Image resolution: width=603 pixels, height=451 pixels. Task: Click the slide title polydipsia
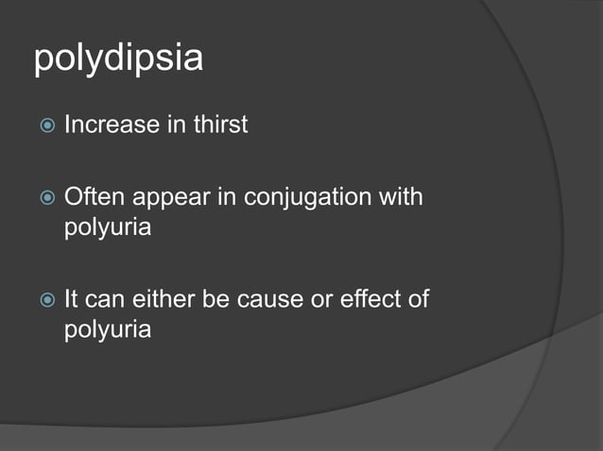(118, 59)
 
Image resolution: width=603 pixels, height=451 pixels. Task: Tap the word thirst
(218, 124)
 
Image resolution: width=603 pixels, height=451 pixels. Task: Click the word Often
(93, 198)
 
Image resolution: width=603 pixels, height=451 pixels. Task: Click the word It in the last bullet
(71, 300)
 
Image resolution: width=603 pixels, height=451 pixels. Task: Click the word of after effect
(415, 300)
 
